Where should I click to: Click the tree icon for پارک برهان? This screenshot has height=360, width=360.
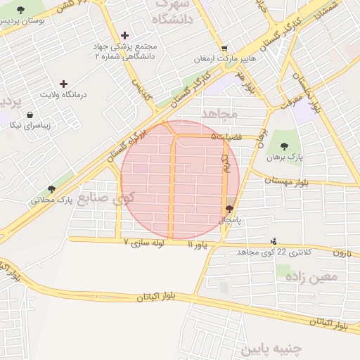coord(285,146)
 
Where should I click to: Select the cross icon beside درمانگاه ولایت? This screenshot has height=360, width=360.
coord(65,84)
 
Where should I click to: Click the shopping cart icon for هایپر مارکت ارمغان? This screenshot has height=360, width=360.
coord(224,48)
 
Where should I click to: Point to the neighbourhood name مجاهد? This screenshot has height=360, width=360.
coord(220,113)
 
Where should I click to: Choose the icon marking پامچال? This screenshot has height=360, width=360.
coord(229,209)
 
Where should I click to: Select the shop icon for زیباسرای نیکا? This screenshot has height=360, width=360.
coord(30,115)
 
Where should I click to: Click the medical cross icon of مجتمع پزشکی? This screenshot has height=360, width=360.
coord(125,35)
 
